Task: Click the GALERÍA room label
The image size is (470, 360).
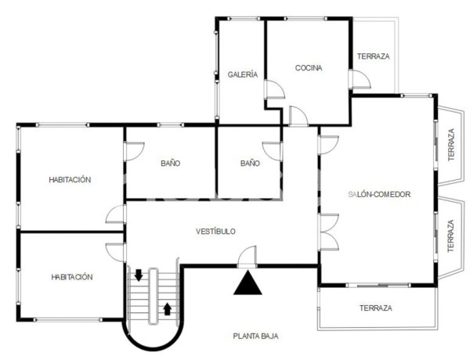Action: (243, 74)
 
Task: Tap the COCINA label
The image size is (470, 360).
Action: (309, 68)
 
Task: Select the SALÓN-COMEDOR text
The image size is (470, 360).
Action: (379, 194)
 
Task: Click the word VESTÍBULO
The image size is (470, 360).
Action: (215, 231)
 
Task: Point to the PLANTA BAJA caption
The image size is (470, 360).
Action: (255, 336)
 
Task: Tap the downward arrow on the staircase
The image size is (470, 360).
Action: (139, 275)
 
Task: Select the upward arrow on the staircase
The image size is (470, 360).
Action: (167, 308)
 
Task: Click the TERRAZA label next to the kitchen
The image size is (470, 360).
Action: (374, 56)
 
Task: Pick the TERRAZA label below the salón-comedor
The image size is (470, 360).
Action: (376, 308)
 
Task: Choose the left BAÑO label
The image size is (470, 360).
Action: (170, 164)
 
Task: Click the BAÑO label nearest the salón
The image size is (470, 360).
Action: (250, 164)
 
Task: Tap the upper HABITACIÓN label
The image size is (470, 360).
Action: (70, 179)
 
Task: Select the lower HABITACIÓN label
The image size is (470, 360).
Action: (72, 277)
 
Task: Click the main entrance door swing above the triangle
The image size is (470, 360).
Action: (248, 256)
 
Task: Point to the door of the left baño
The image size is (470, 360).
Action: (135, 151)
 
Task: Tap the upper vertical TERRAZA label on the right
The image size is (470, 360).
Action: (450, 145)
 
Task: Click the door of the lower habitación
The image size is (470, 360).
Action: (116, 251)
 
